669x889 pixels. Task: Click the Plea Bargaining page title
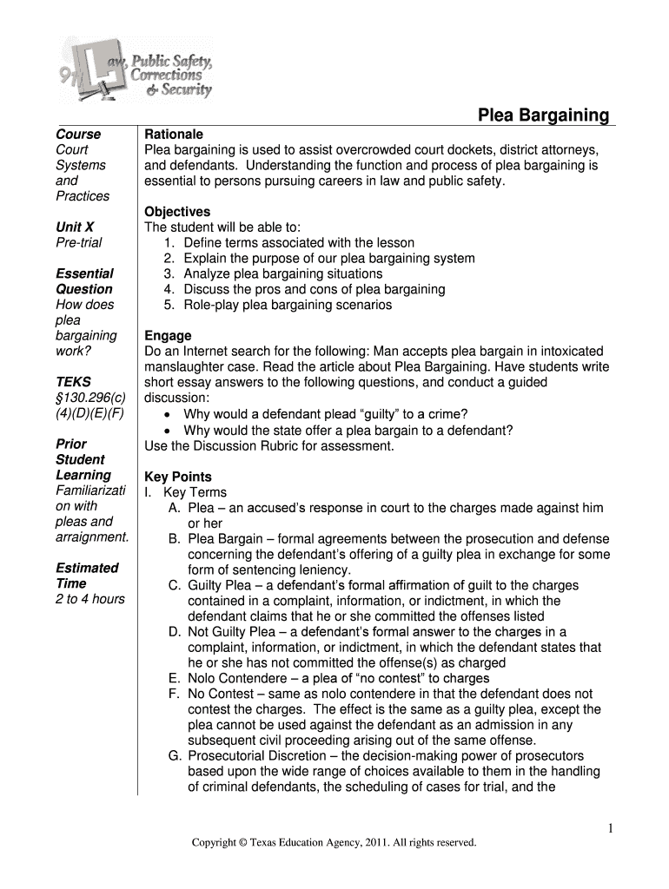tap(545, 115)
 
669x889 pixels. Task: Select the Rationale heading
tap(174, 135)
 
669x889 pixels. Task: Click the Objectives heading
tap(177, 212)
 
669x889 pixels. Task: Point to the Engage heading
tap(168, 336)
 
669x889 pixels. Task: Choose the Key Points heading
tap(178, 477)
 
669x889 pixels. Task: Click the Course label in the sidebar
tap(78, 135)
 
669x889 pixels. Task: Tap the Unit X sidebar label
tap(75, 227)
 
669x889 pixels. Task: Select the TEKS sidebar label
tap(73, 382)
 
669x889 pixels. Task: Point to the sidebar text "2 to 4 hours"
tap(90, 599)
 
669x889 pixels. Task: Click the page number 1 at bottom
tap(612, 829)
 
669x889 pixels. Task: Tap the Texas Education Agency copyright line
tap(334, 842)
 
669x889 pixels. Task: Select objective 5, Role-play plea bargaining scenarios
tap(288, 305)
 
